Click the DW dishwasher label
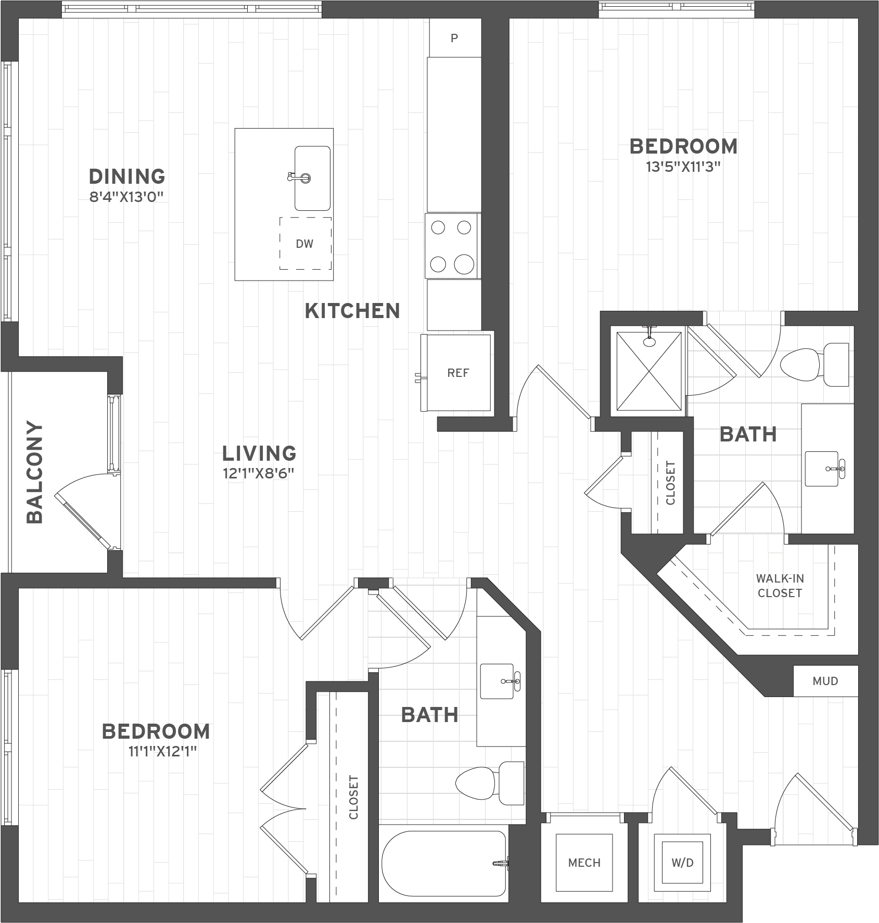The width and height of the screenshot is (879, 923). coord(304,244)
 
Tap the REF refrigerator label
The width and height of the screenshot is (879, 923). coord(458,373)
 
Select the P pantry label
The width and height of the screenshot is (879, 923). coord(454,38)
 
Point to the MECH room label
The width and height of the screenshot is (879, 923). coord(584,863)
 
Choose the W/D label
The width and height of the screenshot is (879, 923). coord(682,863)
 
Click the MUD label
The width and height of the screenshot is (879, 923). coord(825,681)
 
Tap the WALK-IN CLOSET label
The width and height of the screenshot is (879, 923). coord(780,586)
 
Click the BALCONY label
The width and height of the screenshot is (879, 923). coord(35,472)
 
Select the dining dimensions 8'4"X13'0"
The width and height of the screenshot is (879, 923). coord(127,197)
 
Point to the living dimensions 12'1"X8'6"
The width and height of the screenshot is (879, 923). coord(259,474)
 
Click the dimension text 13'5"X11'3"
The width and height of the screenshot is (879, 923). coord(683,167)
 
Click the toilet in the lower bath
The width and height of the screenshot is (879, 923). coord(490,782)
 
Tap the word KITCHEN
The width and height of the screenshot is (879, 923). coord(352,311)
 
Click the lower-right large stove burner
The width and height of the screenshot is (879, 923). coord(464,264)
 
